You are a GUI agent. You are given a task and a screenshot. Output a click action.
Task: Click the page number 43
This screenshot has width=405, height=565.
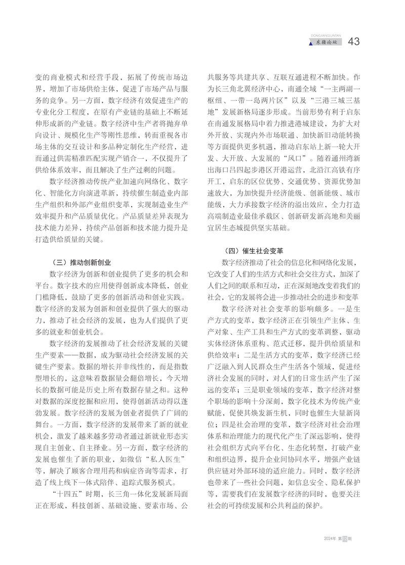pyautogui.click(x=354, y=42)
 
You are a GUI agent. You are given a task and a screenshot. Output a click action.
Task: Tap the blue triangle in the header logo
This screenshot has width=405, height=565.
pyautogui.click(x=311, y=43)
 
